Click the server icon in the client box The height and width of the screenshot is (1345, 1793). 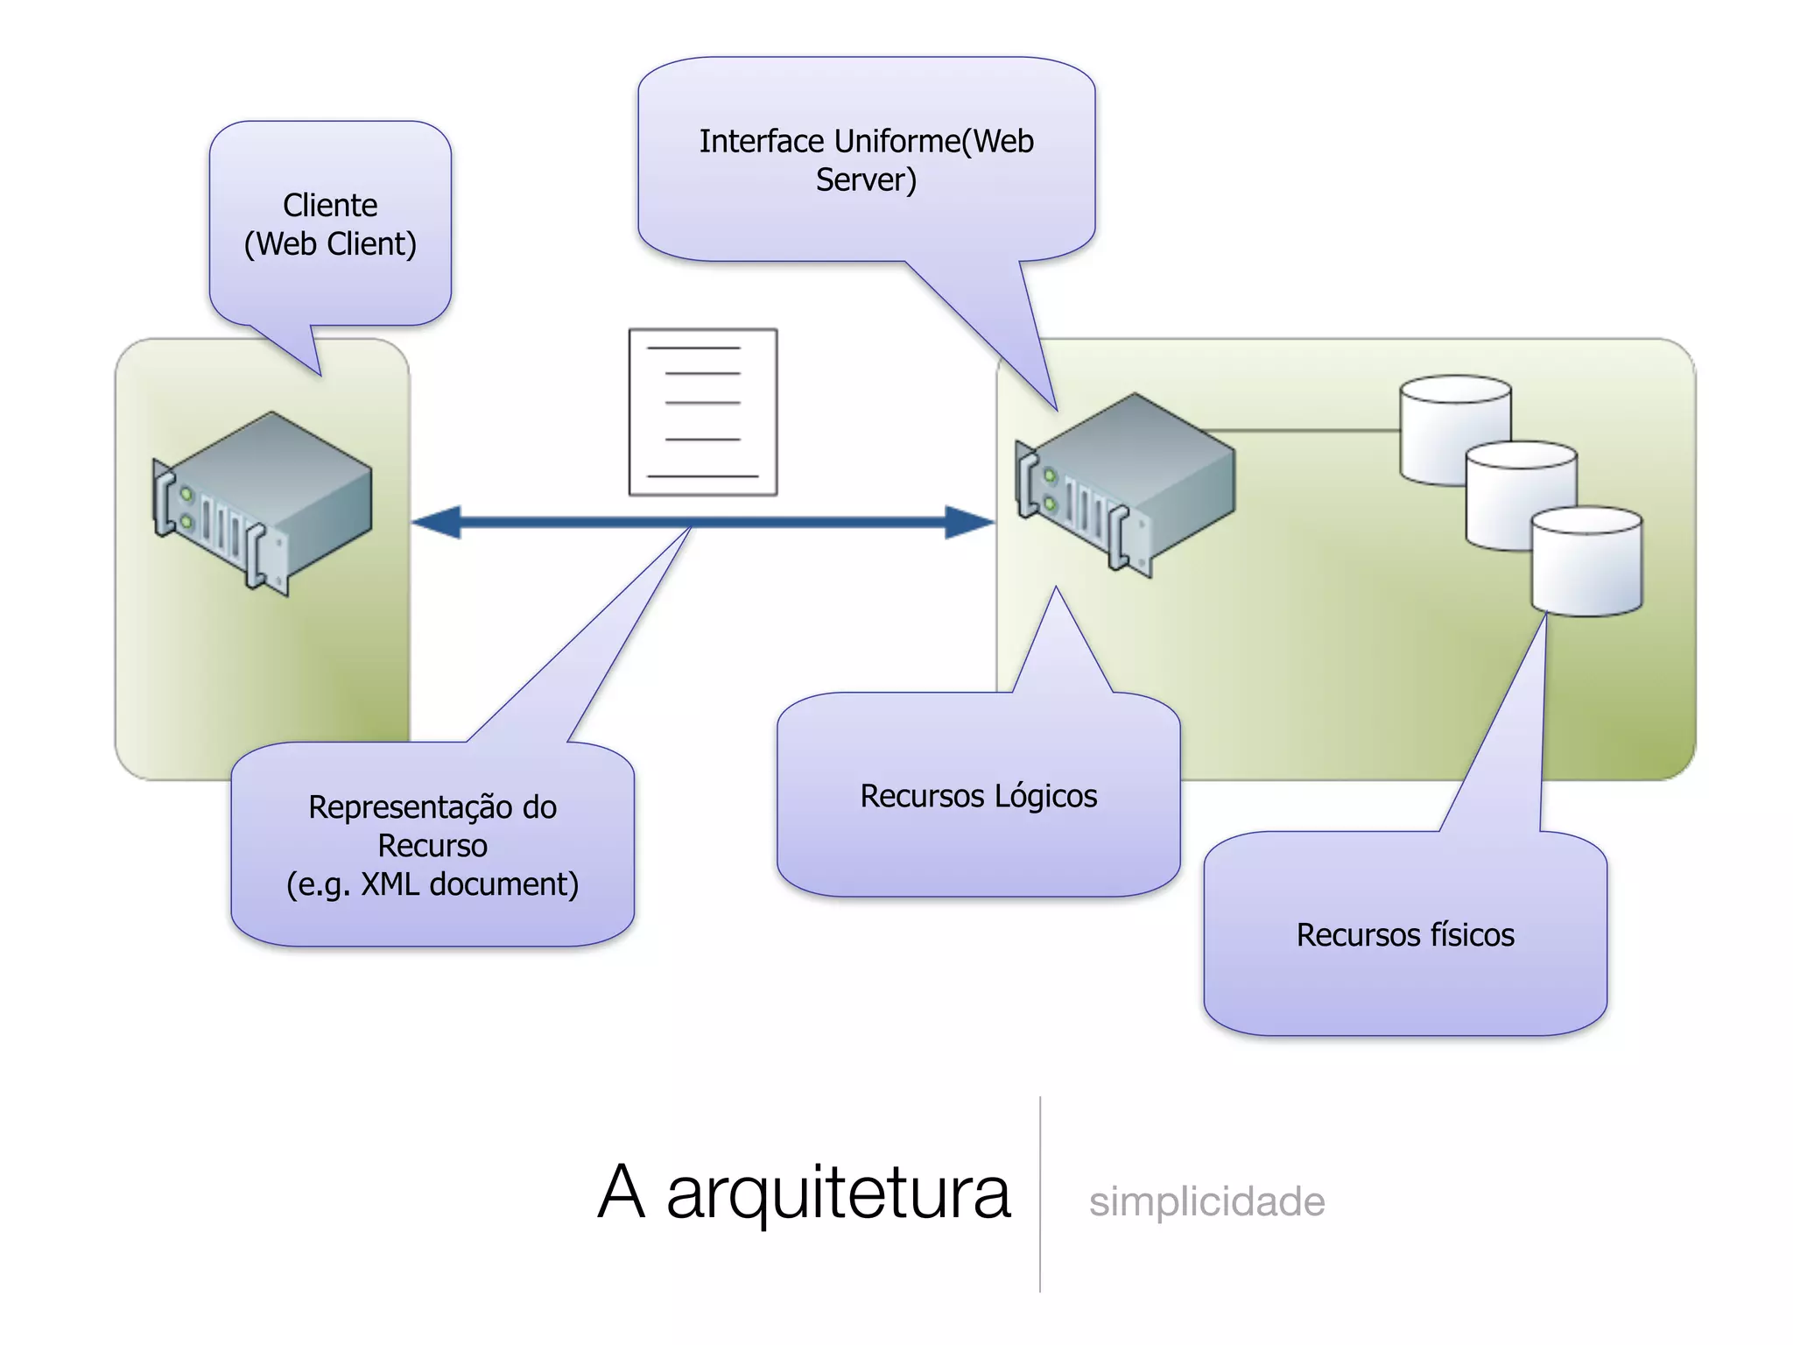(263, 503)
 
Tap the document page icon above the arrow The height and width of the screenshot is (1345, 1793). (702, 412)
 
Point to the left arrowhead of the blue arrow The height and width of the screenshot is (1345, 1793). (438, 523)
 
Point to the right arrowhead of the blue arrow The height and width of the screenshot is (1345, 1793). (969, 523)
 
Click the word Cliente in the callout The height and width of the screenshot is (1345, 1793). (330, 206)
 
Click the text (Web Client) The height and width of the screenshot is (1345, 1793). (330, 244)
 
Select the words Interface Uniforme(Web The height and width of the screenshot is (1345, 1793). (866, 142)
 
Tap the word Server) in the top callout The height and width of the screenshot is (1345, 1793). (866, 180)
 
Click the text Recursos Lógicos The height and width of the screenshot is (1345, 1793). (978, 796)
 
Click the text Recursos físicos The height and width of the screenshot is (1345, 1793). (1405, 935)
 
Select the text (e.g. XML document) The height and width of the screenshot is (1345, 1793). (432, 884)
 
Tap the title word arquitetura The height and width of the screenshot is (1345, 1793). (838, 1193)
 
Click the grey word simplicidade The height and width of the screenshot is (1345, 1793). (1206, 1201)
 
